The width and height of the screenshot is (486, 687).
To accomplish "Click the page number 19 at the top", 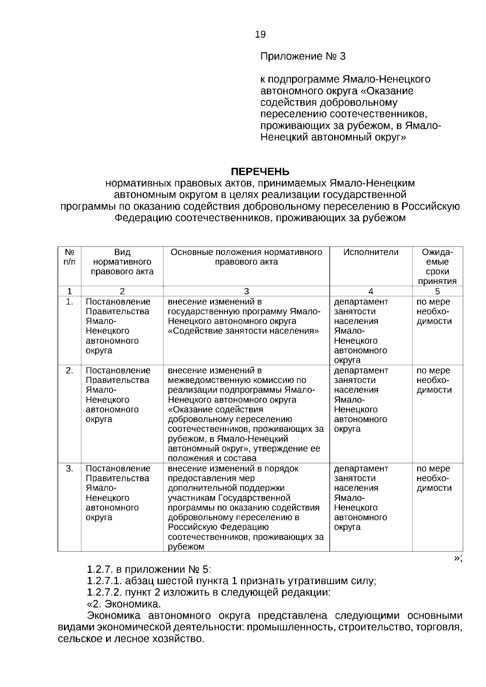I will pyautogui.click(x=260, y=34).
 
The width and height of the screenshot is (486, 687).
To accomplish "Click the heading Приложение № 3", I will pyautogui.click(x=303, y=56).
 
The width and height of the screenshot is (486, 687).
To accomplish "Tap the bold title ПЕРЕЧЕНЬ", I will pyautogui.click(x=260, y=172).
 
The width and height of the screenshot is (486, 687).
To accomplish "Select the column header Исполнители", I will pyautogui.click(x=371, y=252).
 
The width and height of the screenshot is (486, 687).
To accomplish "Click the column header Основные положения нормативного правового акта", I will pyautogui.click(x=246, y=257).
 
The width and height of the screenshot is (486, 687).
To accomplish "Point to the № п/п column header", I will pyautogui.click(x=70, y=257).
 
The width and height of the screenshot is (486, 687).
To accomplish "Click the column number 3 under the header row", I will pyautogui.click(x=246, y=291).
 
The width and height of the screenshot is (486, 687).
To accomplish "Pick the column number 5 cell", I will pyautogui.click(x=437, y=291).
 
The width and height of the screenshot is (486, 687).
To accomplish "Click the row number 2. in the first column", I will pyautogui.click(x=70, y=370).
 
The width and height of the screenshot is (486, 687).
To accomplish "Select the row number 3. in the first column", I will pyautogui.click(x=70, y=468).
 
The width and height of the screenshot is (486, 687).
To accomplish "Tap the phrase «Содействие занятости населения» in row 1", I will pyautogui.click(x=243, y=331).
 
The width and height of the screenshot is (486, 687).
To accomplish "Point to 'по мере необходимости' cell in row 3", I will pyautogui.click(x=434, y=478).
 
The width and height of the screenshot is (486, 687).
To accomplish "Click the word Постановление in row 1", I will pyautogui.click(x=118, y=302).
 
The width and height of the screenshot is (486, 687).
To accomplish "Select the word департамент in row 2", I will pyautogui.click(x=361, y=370).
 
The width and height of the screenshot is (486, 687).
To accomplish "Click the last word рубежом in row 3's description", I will pyautogui.click(x=186, y=547).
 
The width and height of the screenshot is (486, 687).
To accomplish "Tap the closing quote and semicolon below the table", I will pyautogui.click(x=458, y=558).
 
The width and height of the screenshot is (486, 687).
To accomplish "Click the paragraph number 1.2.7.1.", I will pyautogui.click(x=104, y=581).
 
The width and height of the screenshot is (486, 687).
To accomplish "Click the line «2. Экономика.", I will pyautogui.click(x=124, y=604).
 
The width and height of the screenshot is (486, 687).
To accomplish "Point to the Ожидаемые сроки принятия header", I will pyautogui.click(x=437, y=267).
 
